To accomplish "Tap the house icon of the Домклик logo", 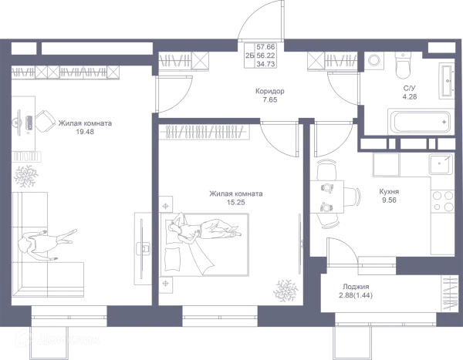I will tap(25, 338).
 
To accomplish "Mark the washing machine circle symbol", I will tap(374, 60).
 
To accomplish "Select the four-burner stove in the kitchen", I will tap(443, 200).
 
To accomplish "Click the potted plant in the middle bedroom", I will tap(286, 290).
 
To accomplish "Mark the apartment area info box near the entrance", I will tap(260, 56).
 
